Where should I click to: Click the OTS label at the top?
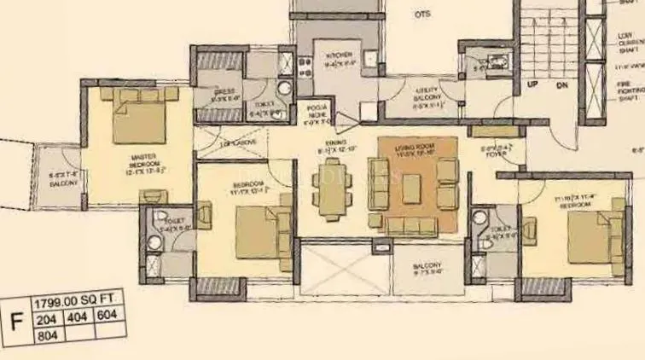[422, 15]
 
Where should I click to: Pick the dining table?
[331, 193]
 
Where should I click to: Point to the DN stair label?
[561, 86]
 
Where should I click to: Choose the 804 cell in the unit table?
[47, 336]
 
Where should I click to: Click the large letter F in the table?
[15, 322]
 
